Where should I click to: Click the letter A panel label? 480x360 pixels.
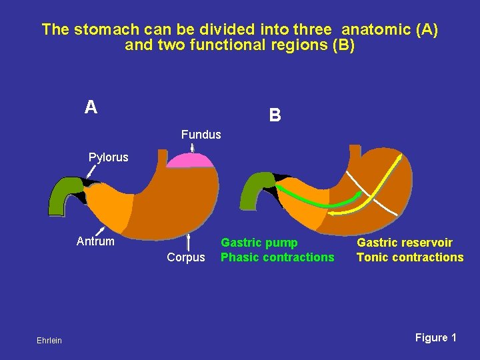click(91, 107)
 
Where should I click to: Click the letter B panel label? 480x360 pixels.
click(275, 115)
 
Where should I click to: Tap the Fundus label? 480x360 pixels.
click(201, 135)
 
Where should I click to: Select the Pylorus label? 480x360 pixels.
click(109, 158)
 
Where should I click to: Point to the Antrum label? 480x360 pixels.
click(95, 241)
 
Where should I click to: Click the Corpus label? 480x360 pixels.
click(186, 257)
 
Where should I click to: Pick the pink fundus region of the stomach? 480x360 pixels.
click(191, 160)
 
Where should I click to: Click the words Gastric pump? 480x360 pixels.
click(259, 243)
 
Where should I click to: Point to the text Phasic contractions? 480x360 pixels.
click(277, 257)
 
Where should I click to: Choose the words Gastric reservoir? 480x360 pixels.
click(405, 243)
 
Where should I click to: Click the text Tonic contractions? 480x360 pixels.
click(410, 257)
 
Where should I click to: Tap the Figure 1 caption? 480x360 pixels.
click(435, 338)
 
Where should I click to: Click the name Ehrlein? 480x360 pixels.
click(49, 341)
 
